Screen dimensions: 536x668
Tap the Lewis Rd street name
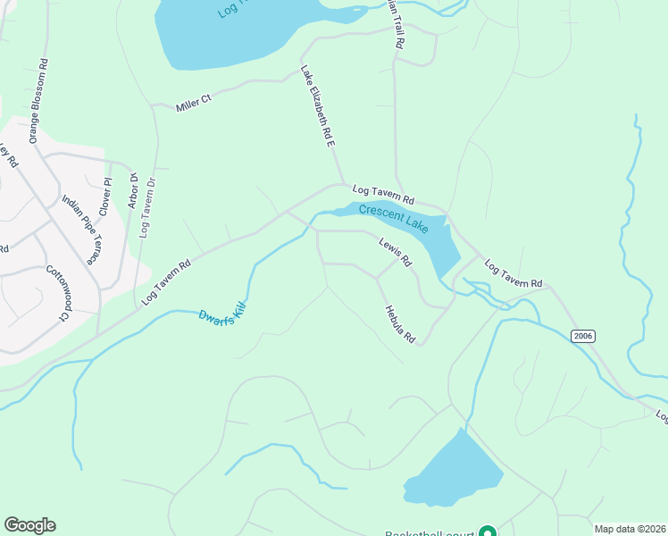point(395,252)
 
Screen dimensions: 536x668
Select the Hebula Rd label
point(400,325)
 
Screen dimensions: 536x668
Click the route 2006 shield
point(582,335)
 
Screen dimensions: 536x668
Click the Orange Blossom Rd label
point(37,101)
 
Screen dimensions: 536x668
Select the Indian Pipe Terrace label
point(79,230)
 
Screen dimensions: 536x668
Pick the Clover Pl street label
point(106,197)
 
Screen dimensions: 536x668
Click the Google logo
point(29,525)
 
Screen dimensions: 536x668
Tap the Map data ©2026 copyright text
point(630,529)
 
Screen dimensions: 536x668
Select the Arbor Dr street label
point(133,190)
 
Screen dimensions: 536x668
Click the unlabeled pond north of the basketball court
point(455,472)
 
